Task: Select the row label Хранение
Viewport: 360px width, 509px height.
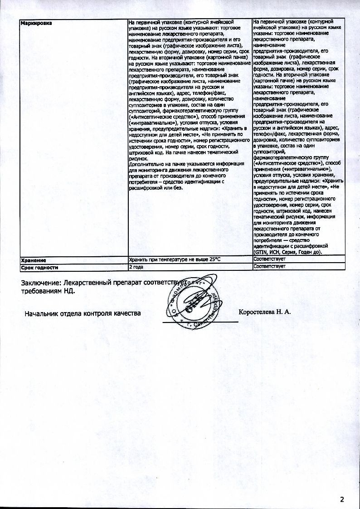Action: tap(32, 259)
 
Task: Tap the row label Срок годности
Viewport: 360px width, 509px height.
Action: tap(40, 267)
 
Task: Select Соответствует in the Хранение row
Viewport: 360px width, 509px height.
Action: tap(269, 259)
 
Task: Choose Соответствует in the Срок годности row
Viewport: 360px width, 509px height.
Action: tap(269, 267)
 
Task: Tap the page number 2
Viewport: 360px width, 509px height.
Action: tap(342, 500)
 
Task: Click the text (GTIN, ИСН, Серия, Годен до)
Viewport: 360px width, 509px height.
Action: tap(287, 252)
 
